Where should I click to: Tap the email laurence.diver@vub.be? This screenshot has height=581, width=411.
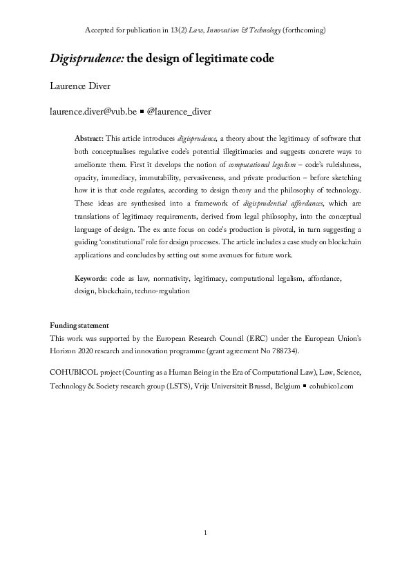tap(93, 110)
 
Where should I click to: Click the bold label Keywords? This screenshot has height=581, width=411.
tap(90, 278)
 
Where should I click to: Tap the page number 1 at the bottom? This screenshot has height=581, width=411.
tap(205, 533)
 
